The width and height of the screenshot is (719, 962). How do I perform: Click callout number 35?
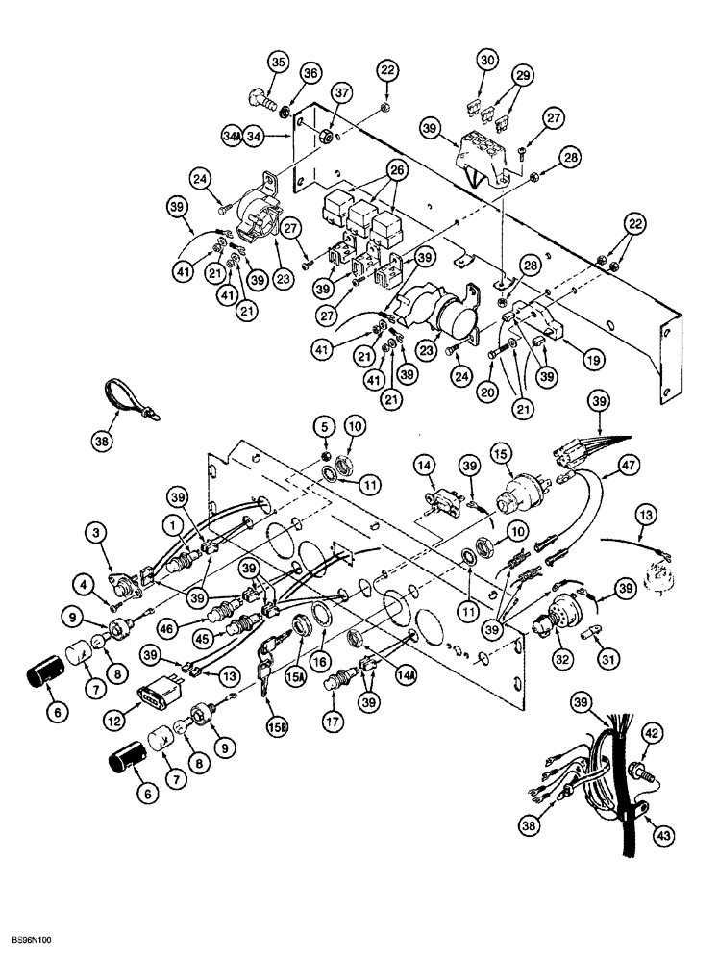coord(278,63)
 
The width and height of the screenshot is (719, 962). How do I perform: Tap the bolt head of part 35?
coord(259,99)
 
